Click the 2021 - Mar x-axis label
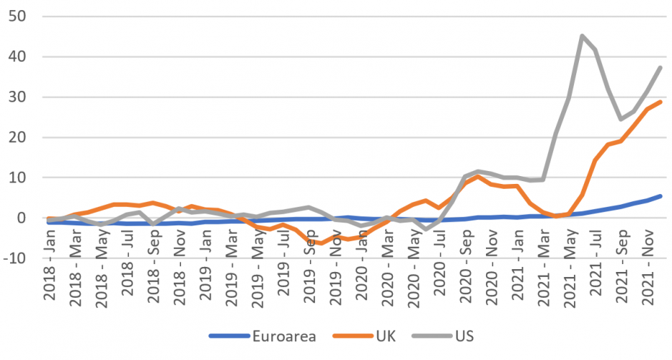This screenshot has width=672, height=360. click(546, 294)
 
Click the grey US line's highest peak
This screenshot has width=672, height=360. click(582, 36)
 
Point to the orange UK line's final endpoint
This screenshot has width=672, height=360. click(660, 102)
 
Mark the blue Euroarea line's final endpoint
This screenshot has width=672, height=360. click(660, 196)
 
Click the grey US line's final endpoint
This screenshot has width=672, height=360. click(660, 67)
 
